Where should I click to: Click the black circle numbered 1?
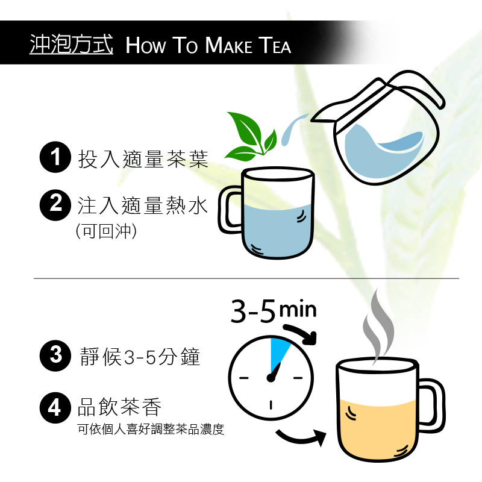pos(55,157)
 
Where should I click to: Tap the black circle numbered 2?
pos(55,205)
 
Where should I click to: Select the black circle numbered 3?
pos(55,355)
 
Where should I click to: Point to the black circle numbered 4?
pos(55,408)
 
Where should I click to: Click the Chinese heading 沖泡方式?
pos(71,45)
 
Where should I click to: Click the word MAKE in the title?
pos(228,46)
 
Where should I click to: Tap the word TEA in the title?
pos(275,46)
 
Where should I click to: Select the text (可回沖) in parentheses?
pos(106,231)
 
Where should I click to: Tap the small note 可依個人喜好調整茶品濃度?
pos(151,430)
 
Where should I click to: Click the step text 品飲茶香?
pos(119,407)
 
